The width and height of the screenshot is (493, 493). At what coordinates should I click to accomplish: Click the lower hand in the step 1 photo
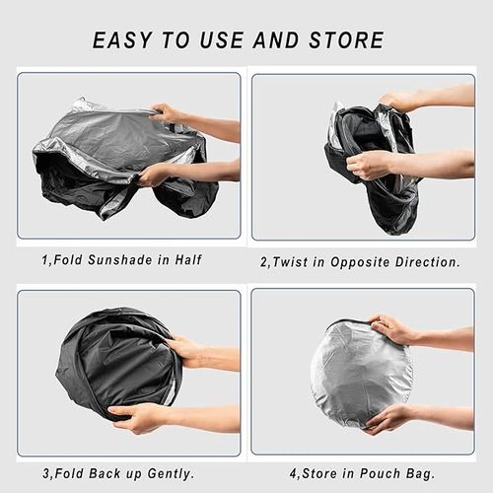point(155,176)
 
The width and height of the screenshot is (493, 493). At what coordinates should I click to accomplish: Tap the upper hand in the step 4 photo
point(393,328)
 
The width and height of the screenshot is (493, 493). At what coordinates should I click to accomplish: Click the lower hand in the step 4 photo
point(388,417)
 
